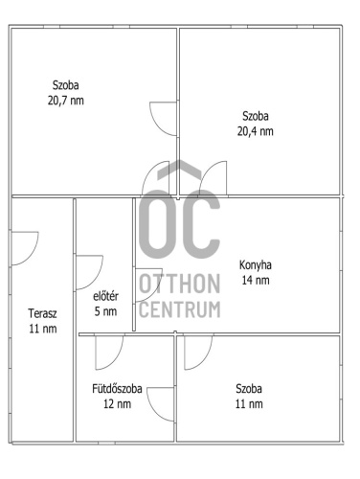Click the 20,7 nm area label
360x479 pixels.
pyautogui.click(x=66, y=101)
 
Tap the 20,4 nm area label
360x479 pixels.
pyautogui.click(x=256, y=131)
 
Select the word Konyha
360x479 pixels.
pyautogui.click(x=256, y=265)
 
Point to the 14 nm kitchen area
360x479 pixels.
pyautogui.click(x=256, y=280)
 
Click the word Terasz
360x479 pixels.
pyautogui.click(x=42, y=313)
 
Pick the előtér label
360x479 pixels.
pyautogui.click(x=105, y=296)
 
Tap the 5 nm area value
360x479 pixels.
pyautogui.click(x=105, y=311)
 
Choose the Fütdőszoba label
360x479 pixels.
pyautogui.click(x=117, y=389)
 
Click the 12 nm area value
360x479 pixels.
pyautogui.click(x=117, y=404)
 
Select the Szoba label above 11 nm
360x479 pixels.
pyautogui.click(x=249, y=389)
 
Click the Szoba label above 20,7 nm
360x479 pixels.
pyautogui.click(x=66, y=85)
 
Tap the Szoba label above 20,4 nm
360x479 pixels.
pyautogui.click(x=256, y=116)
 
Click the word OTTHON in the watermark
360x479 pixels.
pyautogui.click(x=180, y=284)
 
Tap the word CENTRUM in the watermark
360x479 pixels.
pyautogui.click(x=180, y=309)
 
